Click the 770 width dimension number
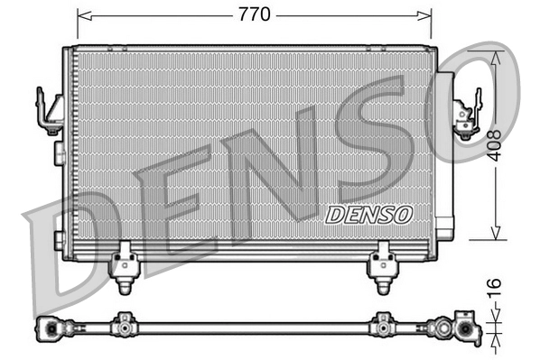pyautogui.click(x=254, y=15)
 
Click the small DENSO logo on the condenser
pyautogui.click(x=367, y=214)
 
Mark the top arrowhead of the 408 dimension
pyautogui.click(x=495, y=53)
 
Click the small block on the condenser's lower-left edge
pyautogui.click(x=60, y=240)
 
